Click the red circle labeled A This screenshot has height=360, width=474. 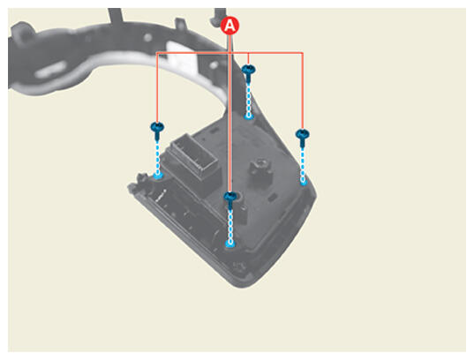pos(229,26)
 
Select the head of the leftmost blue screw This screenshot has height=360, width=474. pos(157,126)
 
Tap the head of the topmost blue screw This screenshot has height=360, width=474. pos(249,70)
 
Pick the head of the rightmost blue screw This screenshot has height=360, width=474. pos(302,133)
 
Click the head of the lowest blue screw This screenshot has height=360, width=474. pos(230,197)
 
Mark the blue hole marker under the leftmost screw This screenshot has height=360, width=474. pos(157,176)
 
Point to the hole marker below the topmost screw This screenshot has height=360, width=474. pos(249,116)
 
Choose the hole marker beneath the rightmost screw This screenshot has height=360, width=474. pos(303,182)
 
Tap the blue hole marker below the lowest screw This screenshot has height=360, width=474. pos(230,243)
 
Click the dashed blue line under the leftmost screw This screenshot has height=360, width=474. pos(157,157)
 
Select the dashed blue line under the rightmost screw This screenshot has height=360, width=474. pos(303,163)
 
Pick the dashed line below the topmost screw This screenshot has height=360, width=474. pos(249,99)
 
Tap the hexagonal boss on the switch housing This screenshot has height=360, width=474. pos(260,169)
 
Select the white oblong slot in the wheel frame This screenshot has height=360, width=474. pos(50,70)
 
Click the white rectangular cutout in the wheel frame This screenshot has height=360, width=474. pos(181,57)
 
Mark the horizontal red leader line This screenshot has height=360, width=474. pos(229,53)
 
